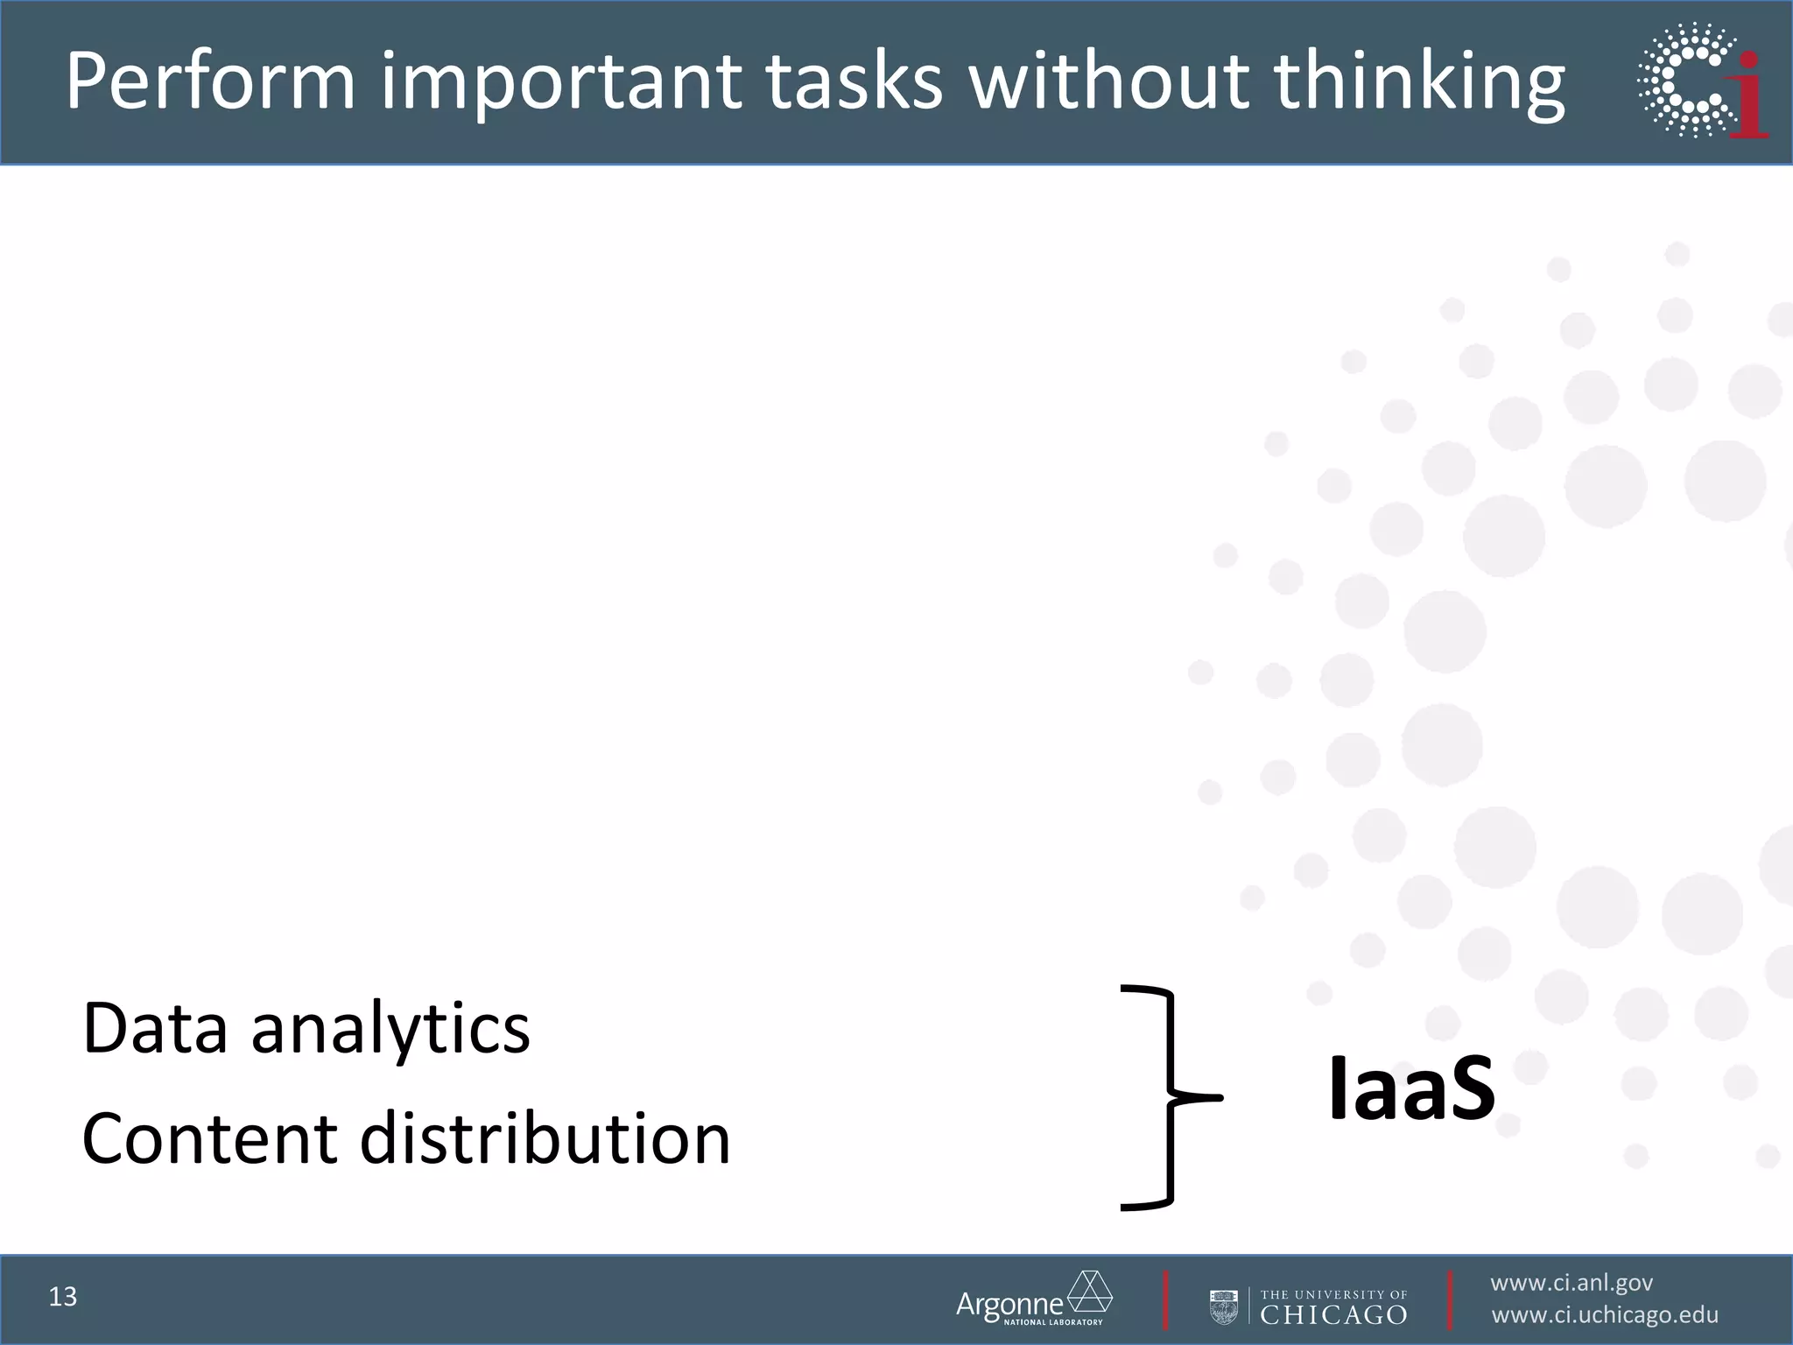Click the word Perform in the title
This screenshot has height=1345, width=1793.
[x=210, y=82]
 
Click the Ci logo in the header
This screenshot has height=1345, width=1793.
[x=1701, y=81]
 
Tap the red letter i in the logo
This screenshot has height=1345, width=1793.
[x=1749, y=96]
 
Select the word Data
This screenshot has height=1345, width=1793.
[x=155, y=1028]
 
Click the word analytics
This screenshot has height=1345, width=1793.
[x=390, y=1030]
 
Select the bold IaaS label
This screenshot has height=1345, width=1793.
[x=1410, y=1089]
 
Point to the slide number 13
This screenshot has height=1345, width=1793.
[x=63, y=1297]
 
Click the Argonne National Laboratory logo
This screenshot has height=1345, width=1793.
[x=1033, y=1299]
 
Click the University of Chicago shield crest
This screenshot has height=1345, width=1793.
[x=1223, y=1306]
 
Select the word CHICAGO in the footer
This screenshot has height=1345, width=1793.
[x=1333, y=1314]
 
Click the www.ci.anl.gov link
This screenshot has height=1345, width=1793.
[x=1571, y=1284]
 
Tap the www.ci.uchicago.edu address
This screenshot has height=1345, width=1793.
[x=1604, y=1315]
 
